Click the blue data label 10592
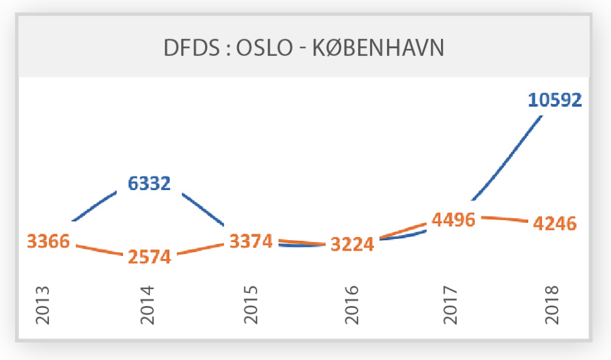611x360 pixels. (554, 100)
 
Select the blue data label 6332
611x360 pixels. (149, 184)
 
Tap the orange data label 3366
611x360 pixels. (48, 242)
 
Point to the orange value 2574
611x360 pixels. (149, 256)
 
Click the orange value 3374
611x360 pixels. (251, 242)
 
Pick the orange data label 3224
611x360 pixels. (352, 245)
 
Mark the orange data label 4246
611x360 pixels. (554, 224)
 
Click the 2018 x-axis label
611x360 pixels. (552, 305)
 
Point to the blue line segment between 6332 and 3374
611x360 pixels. (203, 209)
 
